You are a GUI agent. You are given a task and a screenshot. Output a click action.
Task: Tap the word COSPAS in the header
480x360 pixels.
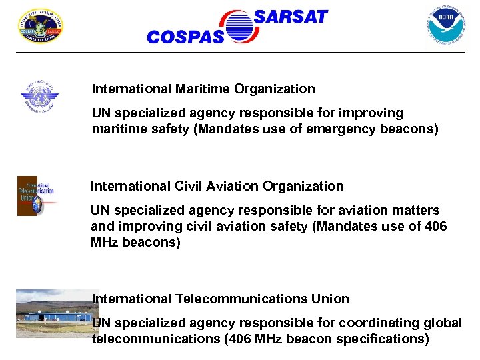click(185, 38)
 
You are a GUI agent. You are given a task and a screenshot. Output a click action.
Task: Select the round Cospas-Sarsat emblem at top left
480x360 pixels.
click(40, 26)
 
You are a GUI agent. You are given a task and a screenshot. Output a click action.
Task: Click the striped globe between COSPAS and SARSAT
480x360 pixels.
click(239, 27)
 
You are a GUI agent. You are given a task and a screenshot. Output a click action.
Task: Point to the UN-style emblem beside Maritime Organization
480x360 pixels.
click(40, 97)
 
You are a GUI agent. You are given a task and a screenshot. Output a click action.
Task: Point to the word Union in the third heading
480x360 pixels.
click(332, 299)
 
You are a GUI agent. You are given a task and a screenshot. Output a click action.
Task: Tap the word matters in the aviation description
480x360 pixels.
click(415, 210)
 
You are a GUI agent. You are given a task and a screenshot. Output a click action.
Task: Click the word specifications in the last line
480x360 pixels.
click(381, 339)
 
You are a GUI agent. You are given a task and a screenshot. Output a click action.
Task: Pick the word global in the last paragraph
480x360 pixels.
click(442, 323)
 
